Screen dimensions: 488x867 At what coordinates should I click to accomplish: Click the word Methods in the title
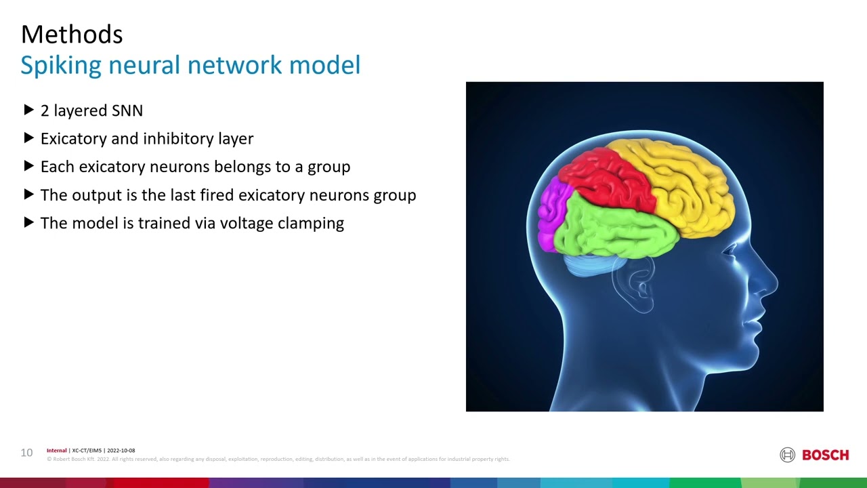[x=72, y=35]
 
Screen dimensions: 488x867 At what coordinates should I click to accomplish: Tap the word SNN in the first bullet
[x=127, y=110]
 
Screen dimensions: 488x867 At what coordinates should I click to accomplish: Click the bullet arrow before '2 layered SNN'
[x=28, y=110]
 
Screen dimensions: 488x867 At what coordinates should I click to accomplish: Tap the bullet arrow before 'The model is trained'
[x=28, y=222]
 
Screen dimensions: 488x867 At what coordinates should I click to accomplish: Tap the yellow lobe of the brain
[x=684, y=183]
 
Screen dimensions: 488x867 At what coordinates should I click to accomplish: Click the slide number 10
[x=26, y=453]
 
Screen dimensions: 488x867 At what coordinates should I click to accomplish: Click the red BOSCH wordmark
[x=825, y=455]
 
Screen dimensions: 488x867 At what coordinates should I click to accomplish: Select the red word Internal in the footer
[x=57, y=451]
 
